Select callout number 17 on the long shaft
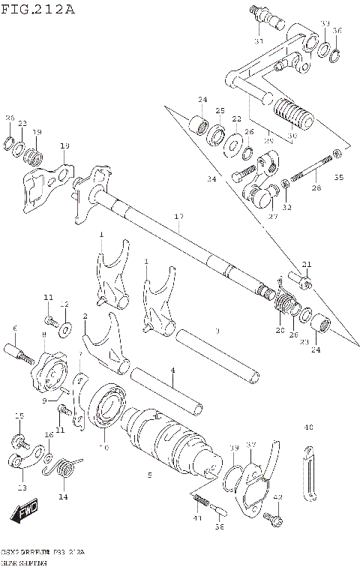click(x=178, y=217)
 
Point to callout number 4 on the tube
click(x=172, y=370)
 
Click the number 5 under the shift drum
click(x=149, y=475)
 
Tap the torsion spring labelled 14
click(x=66, y=469)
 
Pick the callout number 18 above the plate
click(x=64, y=145)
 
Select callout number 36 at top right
click(x=337, y=31)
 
